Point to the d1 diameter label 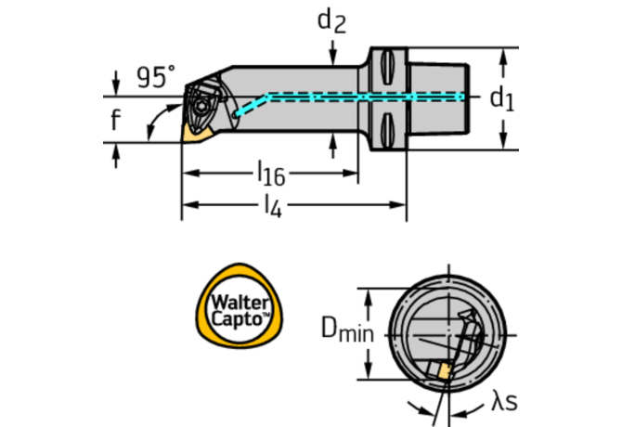(x=501, y=97)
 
